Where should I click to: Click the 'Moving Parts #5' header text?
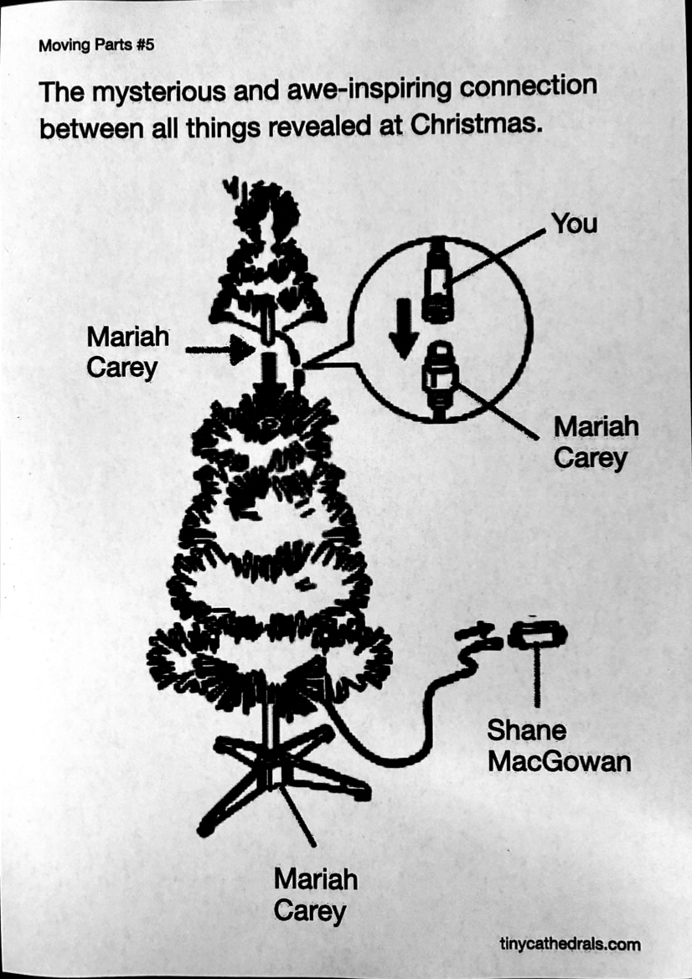(x=96, y=45)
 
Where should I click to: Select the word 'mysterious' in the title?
(x=158, y=92)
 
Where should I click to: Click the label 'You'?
(x=574, y=224)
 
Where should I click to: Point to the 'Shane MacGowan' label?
(x=559, y=746)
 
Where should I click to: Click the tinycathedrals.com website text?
(x=570, y=944)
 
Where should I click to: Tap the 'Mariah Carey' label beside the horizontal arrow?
(x=127, y=352)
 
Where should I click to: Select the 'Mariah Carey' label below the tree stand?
(x=315, y=894)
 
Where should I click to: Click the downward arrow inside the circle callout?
(x=404, y=328)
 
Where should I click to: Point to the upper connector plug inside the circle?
(x=438, y=281)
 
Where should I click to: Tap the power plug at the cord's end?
(x=537, y=634)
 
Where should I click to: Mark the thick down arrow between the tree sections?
(x=269, y=373)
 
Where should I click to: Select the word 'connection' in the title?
(x=529, y=87)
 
